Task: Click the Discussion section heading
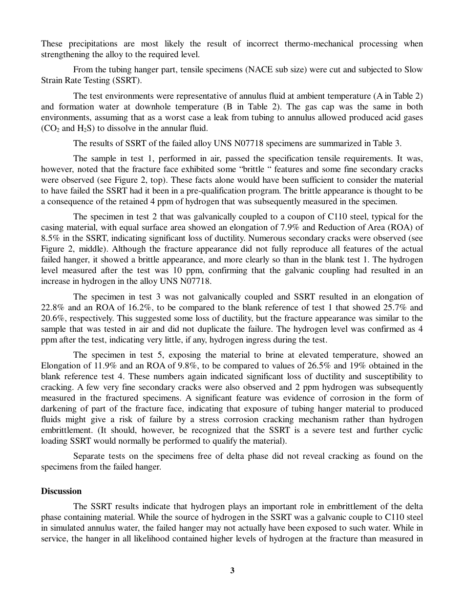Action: point(61,491)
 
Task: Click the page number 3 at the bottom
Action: point(232,570)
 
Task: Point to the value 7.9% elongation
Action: point(318,226)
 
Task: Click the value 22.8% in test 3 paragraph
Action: point(52,308)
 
